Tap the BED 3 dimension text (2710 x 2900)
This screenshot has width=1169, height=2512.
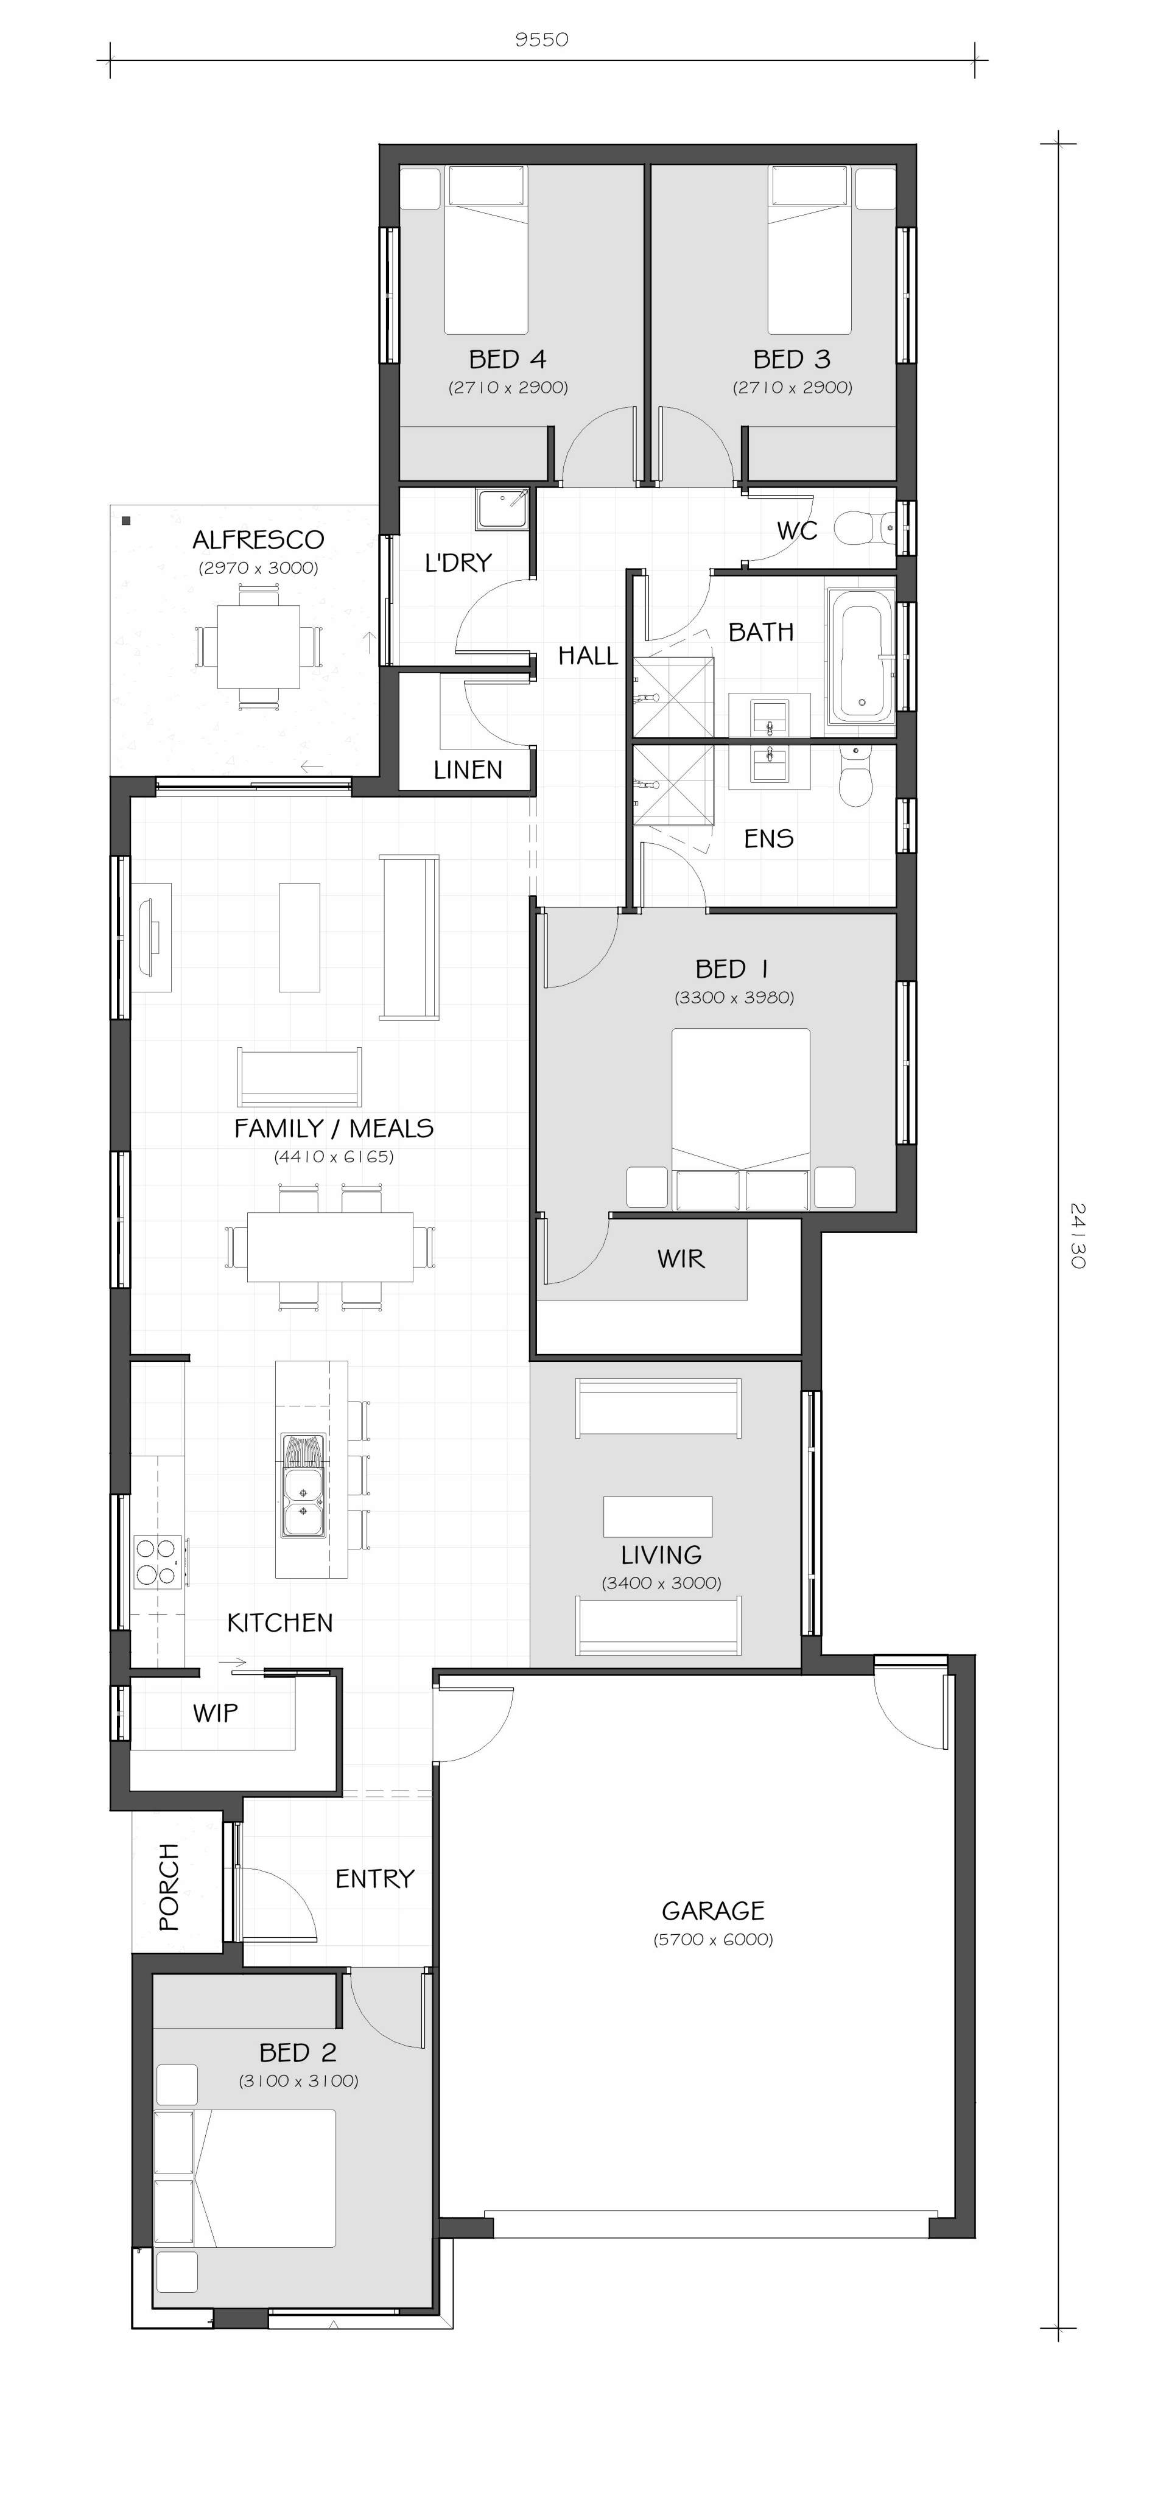[x=793, y=387]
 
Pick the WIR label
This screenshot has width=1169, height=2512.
[x=681, y=1259]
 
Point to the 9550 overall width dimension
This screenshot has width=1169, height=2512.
[x=541, y=40]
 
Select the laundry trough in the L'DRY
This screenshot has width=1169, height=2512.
[x=502, y=510]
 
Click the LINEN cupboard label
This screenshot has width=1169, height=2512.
[x=468, y=770]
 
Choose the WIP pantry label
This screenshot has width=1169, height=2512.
[x=216, y=1713]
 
